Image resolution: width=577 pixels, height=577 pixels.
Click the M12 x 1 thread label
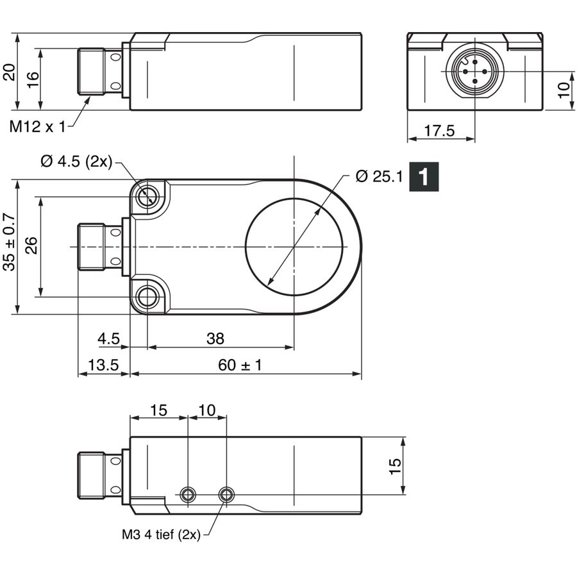37,127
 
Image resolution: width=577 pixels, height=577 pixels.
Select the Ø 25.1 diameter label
380,177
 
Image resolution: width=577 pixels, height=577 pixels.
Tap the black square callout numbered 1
424,177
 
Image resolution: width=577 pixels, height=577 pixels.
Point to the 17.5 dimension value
439,131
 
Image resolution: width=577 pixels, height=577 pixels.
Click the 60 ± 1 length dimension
240,365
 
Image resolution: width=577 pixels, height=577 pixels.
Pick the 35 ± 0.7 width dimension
10,242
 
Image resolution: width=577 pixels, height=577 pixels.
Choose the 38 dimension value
215,339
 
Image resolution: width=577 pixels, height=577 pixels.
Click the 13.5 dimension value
103,365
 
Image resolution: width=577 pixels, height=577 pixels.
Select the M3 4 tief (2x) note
161,534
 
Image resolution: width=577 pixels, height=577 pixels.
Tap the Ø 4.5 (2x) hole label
76,161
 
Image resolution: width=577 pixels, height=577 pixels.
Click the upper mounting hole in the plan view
148,197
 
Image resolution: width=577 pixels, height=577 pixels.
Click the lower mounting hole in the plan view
148,297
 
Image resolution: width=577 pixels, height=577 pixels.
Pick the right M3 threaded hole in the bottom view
226,494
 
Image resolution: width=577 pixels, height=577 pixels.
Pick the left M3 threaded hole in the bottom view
188,494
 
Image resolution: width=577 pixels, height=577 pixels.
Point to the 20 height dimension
9,72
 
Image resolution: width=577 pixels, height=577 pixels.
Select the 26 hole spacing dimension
31,246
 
